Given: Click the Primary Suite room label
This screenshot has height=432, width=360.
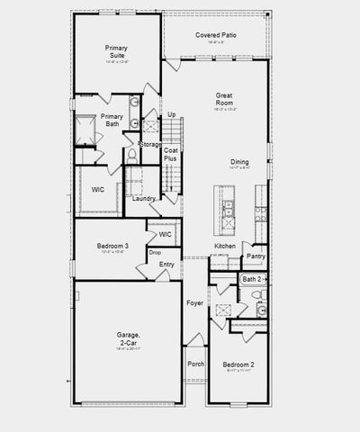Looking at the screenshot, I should click(117, 50).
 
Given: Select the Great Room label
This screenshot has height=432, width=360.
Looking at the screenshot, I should click(225, 99).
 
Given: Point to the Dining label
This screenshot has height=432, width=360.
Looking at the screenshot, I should click(238, 162).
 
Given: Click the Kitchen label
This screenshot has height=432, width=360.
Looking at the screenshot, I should click(225, 246).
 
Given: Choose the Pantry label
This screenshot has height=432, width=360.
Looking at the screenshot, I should click(256, 256).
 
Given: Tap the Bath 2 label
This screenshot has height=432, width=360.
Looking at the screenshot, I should click(251, 280).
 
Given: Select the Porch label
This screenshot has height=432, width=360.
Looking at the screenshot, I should click(195, 364).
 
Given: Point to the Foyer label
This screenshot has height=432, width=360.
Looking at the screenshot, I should click(195, 303).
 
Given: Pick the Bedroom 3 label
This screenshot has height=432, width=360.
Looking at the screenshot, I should click(114, 246).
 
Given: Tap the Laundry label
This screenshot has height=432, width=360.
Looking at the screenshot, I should click(144, 198).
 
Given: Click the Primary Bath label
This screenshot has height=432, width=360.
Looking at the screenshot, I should click(112, 121).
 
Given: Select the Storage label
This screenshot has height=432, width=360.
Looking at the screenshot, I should click(150, 144).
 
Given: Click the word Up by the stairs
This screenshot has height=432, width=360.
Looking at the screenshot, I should click(171, 115).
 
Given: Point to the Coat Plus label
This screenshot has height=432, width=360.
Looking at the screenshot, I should click(170, 155).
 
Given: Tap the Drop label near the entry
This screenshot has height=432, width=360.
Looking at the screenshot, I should click(155, 253).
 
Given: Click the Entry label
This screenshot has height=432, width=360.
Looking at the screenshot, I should click(167, 264).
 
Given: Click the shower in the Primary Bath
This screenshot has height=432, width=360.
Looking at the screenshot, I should click(85, 130).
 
